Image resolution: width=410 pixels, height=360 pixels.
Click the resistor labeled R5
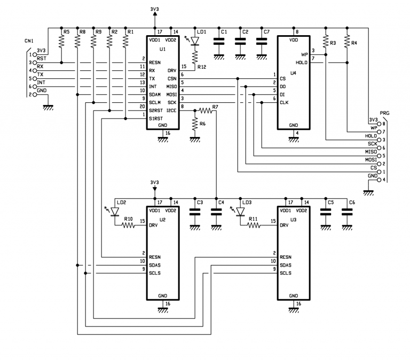pyautogui.click(x=61, y=42)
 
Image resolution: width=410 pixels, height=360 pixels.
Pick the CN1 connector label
pyautogui.click(x=29, y=41)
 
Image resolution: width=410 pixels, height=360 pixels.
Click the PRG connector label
pyautogui.click(x=384, y=114)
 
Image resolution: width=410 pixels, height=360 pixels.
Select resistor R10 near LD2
pyautogui.click(x=128, y=226)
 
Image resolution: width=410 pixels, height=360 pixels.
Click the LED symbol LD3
pyautogui.click(x=240, y=212)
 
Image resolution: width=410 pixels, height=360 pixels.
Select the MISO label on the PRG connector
pyautogui.click(x=371, y=152)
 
